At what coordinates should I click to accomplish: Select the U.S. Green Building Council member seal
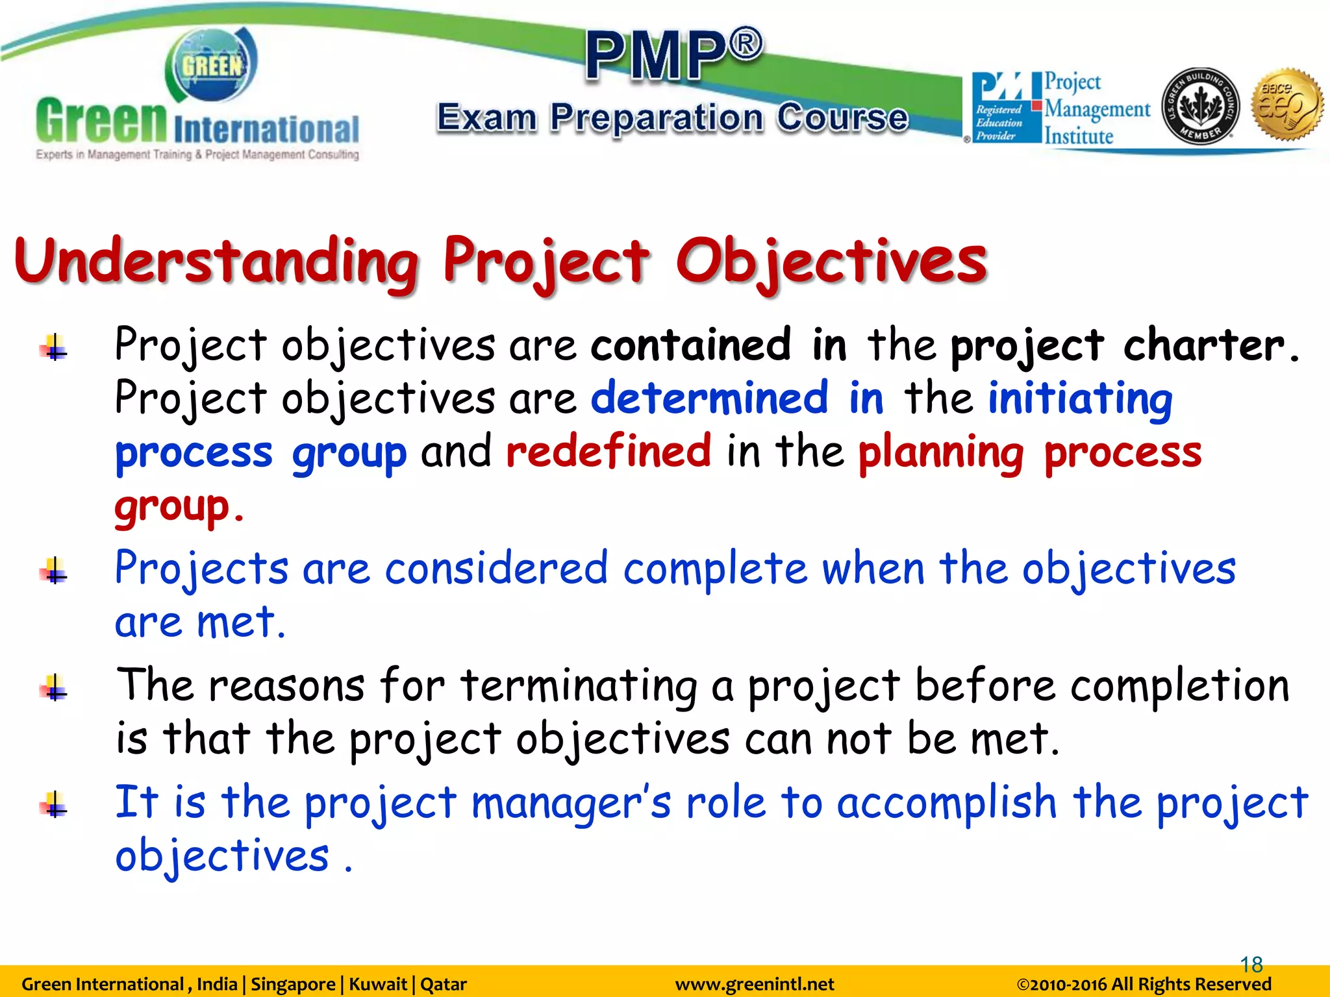point(1200,105)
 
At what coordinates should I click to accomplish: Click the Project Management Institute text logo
point(1096,109)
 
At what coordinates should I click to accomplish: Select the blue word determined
point(709,398)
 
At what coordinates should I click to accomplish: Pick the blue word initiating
point(1080,398)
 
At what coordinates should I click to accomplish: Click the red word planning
point(941,452)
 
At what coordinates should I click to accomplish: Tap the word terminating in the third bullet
point(578,686)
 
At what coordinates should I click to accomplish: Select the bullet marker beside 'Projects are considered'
point(55,571)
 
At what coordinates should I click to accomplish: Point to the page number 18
point(1251,965)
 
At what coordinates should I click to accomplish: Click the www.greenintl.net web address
point(754,985)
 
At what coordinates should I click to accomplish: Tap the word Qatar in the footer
point(444,985)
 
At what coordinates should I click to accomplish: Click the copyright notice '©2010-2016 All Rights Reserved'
point(1144,985)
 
